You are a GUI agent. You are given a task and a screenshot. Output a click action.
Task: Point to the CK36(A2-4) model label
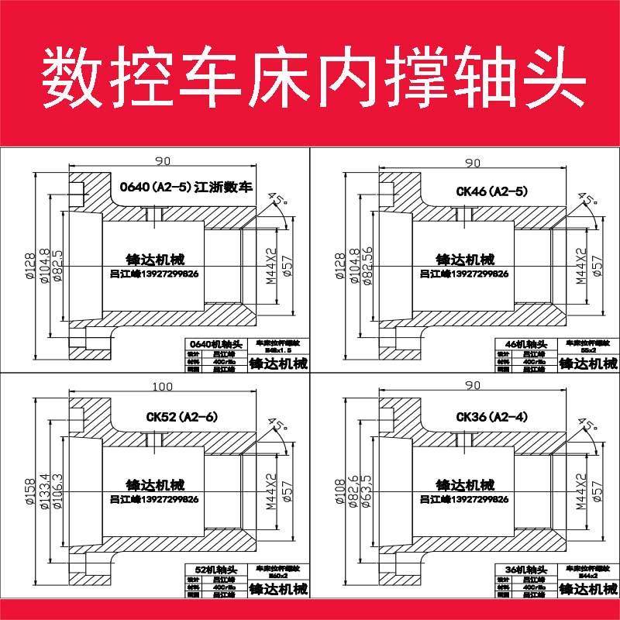point(492,417)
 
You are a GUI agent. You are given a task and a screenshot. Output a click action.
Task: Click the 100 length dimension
point(163,386)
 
